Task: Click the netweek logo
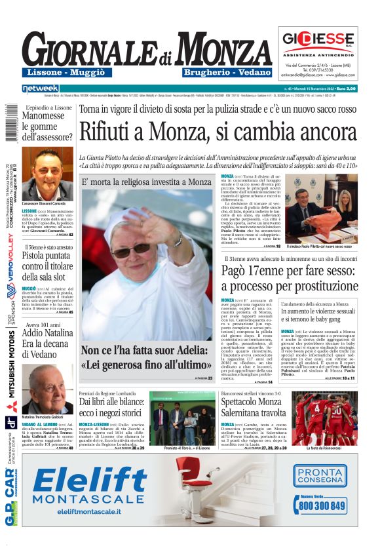coord(41,89)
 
